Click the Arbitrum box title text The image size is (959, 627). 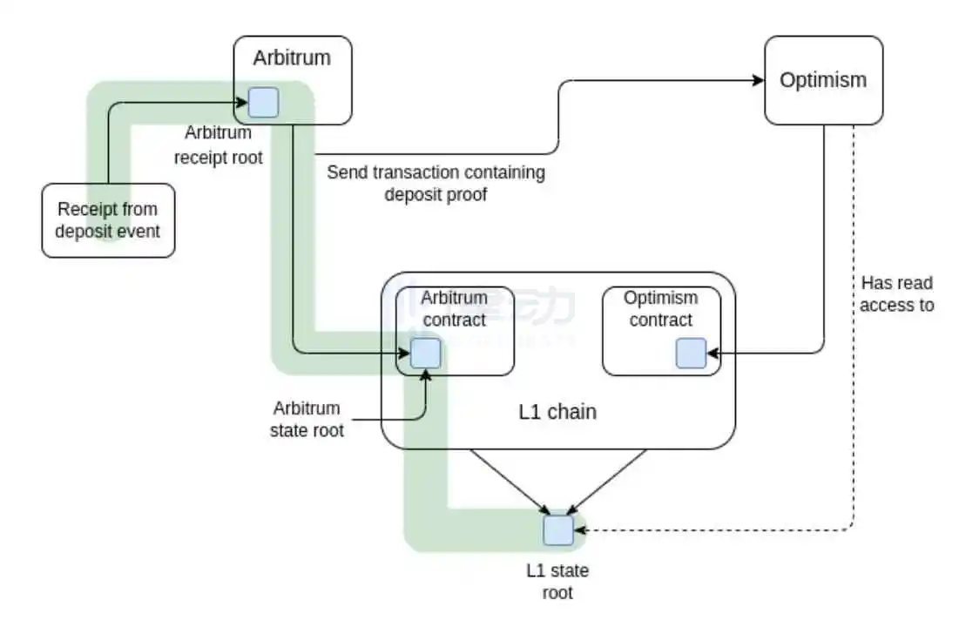pos(292,58)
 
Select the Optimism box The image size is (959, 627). pos(823,80)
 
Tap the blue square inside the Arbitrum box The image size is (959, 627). pos(264,103)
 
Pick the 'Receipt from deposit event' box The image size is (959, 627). pos(108,221)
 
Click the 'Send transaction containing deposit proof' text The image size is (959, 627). pos(436,183)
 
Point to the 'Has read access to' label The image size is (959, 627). pos(896,294)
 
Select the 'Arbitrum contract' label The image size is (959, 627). pos(454,308)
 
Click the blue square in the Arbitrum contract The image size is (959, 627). pos(425,354)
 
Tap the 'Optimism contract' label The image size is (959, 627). pos(660,308)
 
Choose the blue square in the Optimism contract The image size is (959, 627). pos(692,354)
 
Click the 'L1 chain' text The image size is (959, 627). pos(557,412)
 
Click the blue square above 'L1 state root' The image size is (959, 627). pos(558,530)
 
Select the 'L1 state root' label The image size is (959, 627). pos(557,582)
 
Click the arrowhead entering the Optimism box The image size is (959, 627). pos(758,80)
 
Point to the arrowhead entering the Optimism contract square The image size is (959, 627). pos(713,354)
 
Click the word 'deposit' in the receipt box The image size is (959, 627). pos(83,232)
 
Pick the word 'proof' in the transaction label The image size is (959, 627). pos(467,194)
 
